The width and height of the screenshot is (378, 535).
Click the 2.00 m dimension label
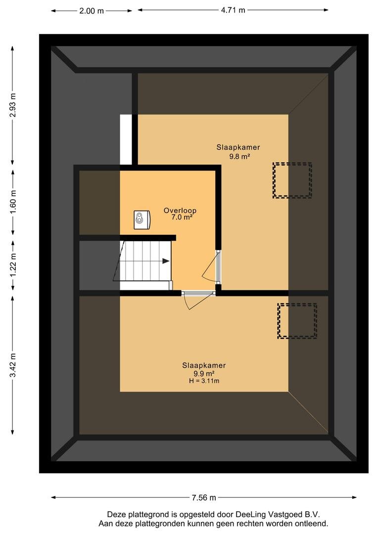click(x=92, y=11)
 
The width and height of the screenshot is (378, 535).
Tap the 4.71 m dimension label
click(x=233, y=10)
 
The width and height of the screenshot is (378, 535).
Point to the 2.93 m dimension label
click(x=13, y=105)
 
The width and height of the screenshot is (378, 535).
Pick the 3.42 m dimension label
click(x=13, y=365)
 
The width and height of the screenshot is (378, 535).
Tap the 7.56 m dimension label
click(x=204, y=497)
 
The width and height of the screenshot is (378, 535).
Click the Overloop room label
click(x=180, y=211)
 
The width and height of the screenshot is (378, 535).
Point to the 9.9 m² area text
click(x=204, y=374)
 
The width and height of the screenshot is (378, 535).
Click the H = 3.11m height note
click(x=204, y=381)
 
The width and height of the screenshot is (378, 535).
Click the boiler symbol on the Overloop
click(x=142, y=219)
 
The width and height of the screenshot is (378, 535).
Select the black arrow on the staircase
click(x=166, y=261)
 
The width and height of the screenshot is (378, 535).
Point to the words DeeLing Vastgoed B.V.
click(x=278, y=515)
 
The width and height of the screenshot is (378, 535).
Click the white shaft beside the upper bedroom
click(x=126, y=140)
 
